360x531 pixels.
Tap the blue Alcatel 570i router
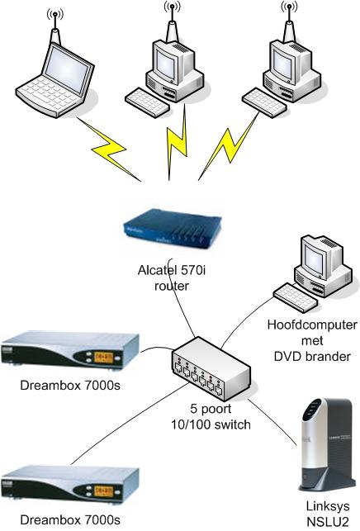(172, 229)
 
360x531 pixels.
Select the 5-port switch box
(211, 367)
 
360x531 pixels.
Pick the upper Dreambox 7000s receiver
(69, 350)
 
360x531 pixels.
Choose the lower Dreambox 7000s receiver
(69, 484)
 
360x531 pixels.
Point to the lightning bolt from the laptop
(109, 149)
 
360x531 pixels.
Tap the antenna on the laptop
(55, 26)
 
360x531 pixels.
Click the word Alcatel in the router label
(158, 270)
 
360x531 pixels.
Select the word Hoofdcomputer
(312, 325)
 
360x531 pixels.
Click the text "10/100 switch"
(211, 424)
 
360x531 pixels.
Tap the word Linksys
(328, 506)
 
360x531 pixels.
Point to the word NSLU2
(328, 522)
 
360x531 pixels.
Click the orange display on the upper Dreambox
(104, 358)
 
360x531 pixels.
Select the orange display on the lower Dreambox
(104, 491)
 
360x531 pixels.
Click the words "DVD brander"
(312, 356)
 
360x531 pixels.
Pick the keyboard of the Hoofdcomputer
(295, 297)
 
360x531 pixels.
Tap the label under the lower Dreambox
(70, 519)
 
